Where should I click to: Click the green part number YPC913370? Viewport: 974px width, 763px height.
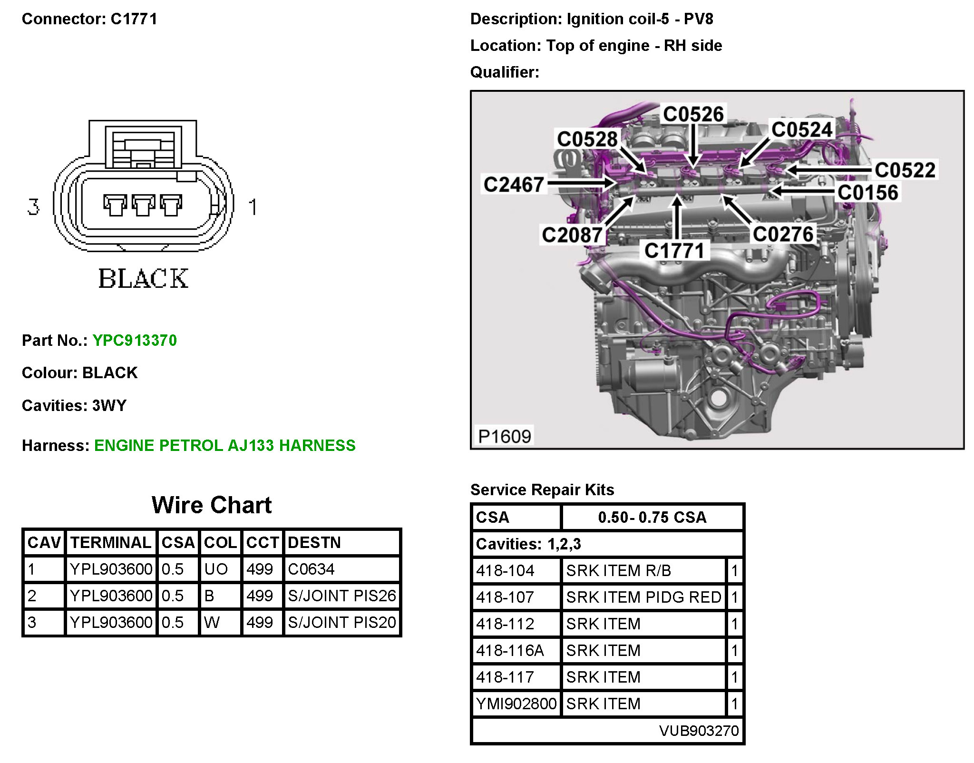click(x=135, y=341)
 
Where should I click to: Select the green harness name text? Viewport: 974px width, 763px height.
click(x=224, y=446)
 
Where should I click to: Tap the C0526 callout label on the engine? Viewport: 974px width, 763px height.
click(x=693, y=114)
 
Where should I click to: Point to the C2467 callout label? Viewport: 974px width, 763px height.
click(x=514, y=185)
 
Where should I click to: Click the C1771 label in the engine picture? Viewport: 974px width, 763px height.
click(x=674, y=251)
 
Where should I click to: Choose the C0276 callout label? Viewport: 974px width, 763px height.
click(x=783, y=234)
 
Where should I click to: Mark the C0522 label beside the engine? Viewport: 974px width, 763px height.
click(x=905, y=170)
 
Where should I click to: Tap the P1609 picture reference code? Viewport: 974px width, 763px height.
click(x=504, y=436)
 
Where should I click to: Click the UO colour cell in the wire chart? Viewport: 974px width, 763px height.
click(x=216, y=569)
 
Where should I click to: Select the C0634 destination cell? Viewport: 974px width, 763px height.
click(x=312, y=569)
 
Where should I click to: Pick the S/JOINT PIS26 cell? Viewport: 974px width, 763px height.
click(x=342, y=596)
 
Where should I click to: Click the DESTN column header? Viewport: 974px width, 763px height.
click(x=314, y=543)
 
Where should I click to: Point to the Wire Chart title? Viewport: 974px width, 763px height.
click(x=212, y=505)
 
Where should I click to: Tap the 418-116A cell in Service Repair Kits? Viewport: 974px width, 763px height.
click(x=510, y=650)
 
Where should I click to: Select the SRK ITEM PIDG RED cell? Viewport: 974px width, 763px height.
click(x=643, y=597)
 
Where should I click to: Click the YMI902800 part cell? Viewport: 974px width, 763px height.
click(x=516, y=704)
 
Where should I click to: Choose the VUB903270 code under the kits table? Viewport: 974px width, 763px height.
click(x=699, y=731)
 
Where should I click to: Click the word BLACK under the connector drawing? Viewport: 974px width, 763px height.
click(x=143, y=279)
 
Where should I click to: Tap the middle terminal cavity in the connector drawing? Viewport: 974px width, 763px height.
click(x=143, y=205)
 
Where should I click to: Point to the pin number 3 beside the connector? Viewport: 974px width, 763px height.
click(x=33, y=207)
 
